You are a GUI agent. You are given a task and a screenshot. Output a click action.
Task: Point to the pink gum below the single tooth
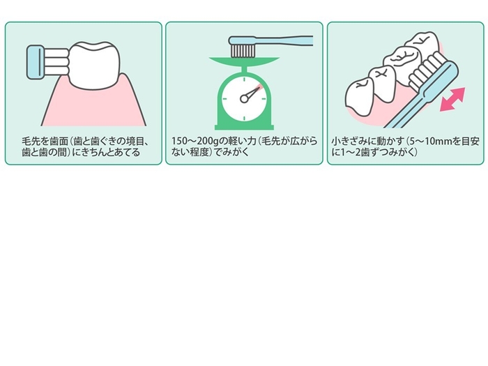(91, 105)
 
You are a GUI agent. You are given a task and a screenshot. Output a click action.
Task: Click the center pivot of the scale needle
(244, 98)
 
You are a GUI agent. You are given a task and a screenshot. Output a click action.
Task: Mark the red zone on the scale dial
(257, 88)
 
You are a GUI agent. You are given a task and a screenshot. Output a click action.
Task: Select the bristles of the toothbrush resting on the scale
(243, 49)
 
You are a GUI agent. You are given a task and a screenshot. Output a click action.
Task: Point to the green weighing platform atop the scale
(244, 61)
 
